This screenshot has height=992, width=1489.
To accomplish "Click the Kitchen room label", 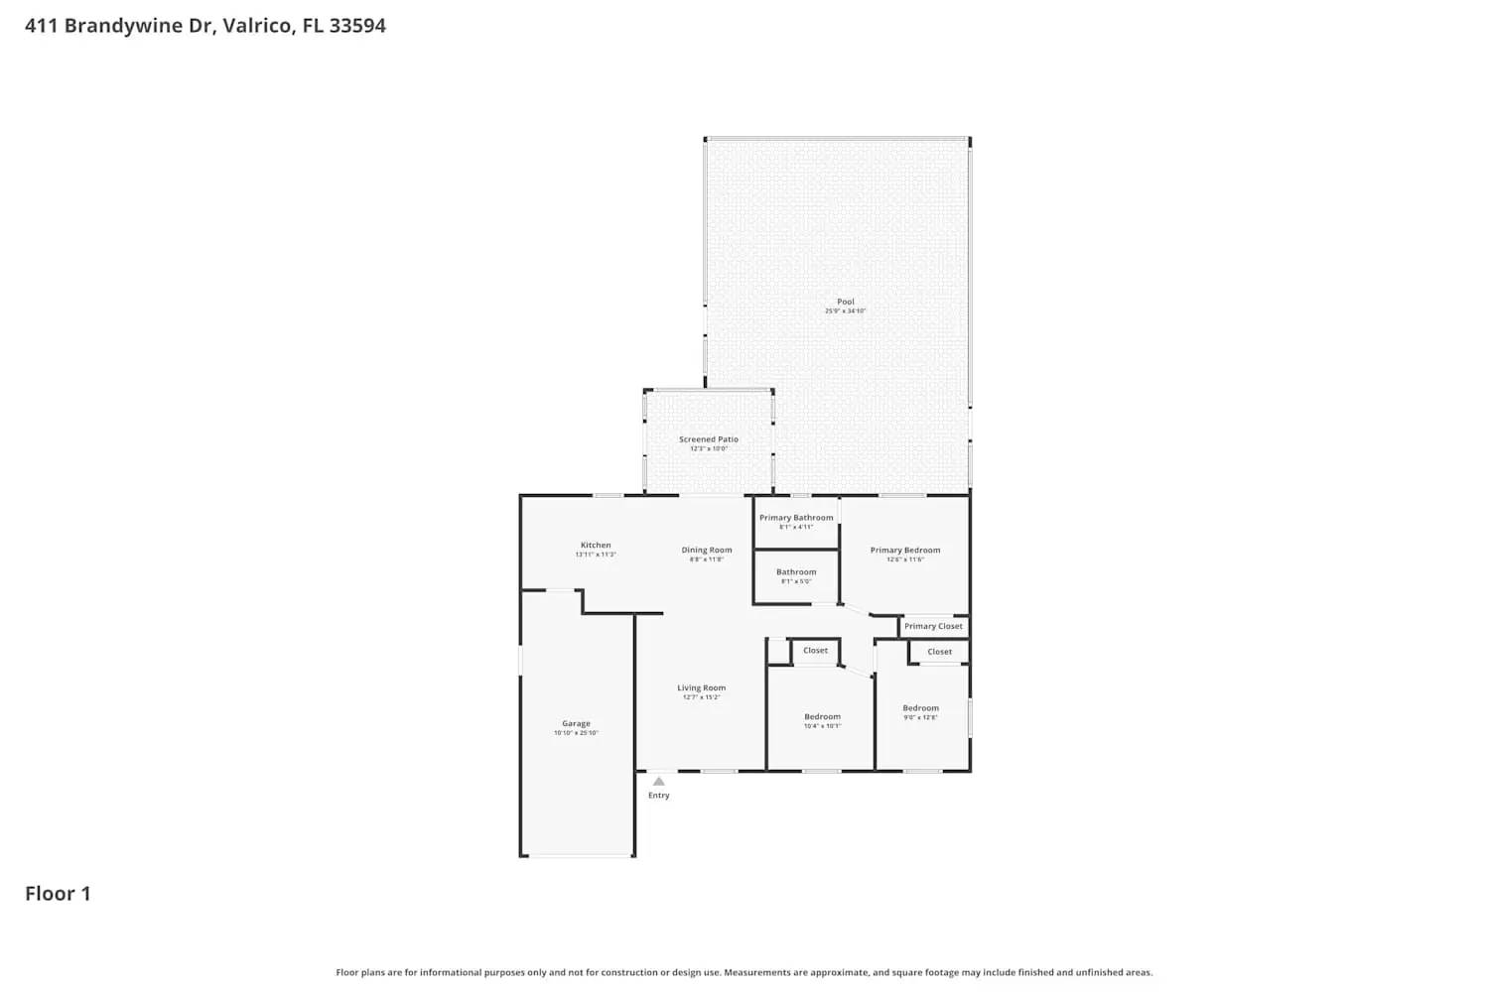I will coord(596,545).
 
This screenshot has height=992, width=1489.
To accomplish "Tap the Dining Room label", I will coord(707,550).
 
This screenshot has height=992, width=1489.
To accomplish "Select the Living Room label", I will coord(701,687).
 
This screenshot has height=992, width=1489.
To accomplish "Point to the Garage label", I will coord(576,723).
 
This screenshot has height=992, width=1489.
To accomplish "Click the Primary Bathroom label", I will coord(796,517).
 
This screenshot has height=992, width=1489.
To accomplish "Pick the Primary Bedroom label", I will coord(904,550).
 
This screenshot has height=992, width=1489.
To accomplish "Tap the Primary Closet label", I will coord(933,626).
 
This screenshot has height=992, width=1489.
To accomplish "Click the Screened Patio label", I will coord(709,438).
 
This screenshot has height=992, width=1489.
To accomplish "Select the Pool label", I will coord(845,302).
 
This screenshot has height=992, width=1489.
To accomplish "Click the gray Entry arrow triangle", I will coord(658,782).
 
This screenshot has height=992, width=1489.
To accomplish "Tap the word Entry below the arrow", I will coord(658,796).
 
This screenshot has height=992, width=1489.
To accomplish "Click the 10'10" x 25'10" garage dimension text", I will coord(576,733).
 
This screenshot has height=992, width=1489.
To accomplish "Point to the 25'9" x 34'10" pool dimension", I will coord(845,311).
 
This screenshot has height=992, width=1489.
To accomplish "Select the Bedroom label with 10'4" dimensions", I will coord(822,716).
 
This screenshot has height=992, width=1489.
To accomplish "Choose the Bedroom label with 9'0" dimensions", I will coord(920,708).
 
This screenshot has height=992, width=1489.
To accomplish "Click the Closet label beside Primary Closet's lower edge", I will coord(939,652).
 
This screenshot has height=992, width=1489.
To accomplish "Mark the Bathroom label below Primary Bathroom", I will coord(796,571).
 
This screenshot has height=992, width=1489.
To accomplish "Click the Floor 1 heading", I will coord(58,893).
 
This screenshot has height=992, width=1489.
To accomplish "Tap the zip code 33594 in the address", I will coord(357,26).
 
